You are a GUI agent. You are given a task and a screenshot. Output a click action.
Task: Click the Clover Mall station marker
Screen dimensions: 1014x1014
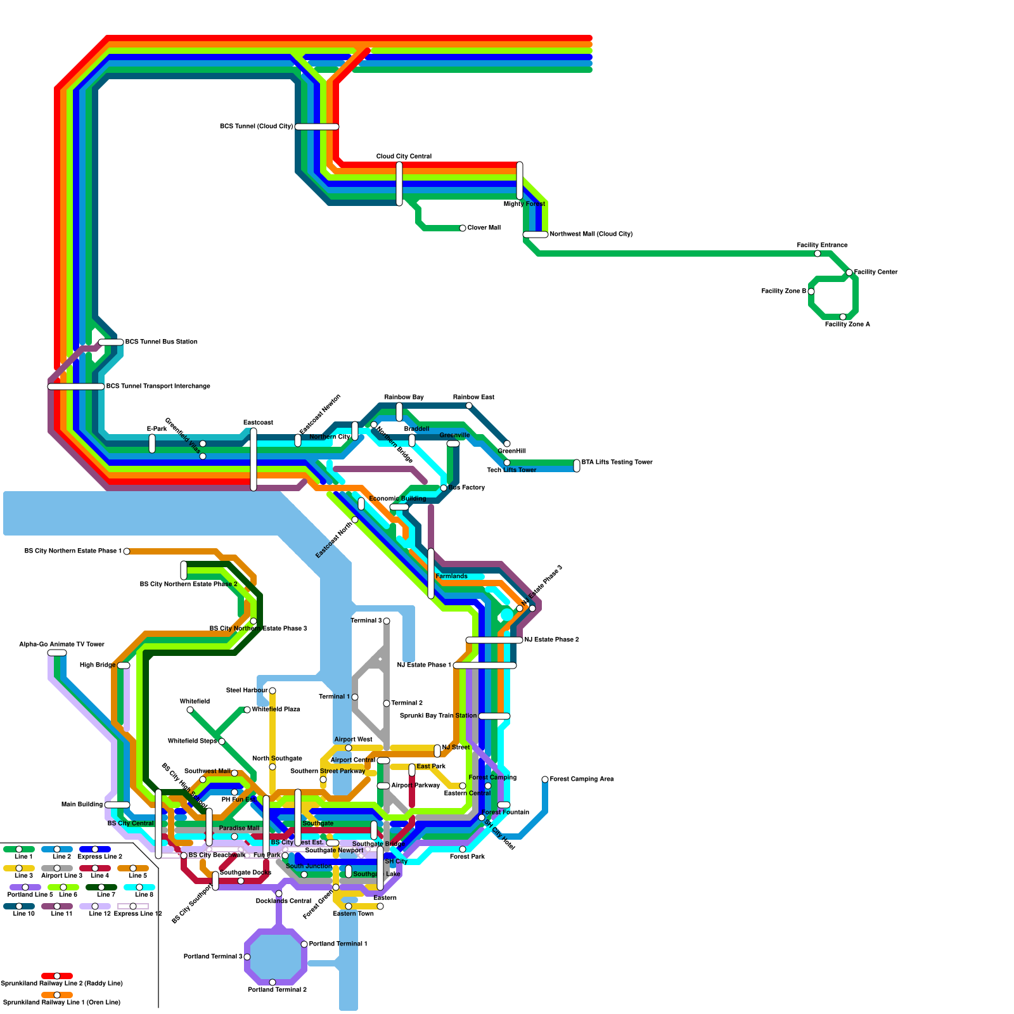point(463,228)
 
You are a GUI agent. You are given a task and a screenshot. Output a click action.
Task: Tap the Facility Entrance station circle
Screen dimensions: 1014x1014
point(818,253)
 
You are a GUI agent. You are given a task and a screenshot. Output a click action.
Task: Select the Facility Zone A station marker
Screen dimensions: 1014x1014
point(843,317)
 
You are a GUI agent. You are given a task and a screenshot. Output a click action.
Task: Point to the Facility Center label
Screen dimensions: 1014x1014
point(876,273)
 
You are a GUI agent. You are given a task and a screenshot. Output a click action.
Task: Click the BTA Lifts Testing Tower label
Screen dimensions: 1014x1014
point(617,463)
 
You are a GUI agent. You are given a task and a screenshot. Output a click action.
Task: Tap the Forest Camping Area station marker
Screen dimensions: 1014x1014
point(545,780)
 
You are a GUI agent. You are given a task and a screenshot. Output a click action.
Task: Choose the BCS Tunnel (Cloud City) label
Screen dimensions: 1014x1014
point(256,127)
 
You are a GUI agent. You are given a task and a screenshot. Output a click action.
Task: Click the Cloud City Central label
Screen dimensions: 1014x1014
point(404,157)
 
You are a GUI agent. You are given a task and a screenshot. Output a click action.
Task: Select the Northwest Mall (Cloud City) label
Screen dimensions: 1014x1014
point(591,234)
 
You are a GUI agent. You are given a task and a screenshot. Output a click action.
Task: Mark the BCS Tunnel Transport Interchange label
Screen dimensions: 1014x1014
point(158,387)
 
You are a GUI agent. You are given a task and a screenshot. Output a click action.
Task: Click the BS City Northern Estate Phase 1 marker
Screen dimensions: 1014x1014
point(127,551)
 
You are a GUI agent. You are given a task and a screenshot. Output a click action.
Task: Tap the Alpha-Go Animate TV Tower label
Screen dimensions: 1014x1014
point(61,645)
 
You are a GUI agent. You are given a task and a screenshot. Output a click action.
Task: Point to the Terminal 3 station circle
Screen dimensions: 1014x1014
point(387,621)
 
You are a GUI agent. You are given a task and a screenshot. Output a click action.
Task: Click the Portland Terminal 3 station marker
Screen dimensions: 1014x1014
point(247,957)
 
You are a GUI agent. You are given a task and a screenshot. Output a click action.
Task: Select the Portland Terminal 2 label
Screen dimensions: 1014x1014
point(277,990)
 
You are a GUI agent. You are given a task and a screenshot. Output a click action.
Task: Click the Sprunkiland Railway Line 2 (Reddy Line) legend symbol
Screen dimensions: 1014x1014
point(57,976)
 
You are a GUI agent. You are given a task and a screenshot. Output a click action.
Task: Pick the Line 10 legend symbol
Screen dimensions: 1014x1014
point(19,906)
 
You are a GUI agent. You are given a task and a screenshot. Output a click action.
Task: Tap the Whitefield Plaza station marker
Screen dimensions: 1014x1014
point(247,710)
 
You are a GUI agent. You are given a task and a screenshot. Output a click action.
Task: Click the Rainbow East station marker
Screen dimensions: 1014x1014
point(469,406)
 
